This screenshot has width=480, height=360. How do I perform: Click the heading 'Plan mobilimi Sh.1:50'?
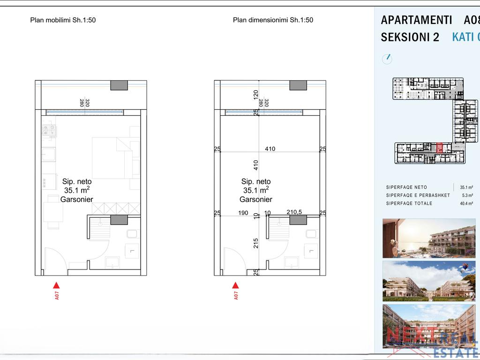(x=63, y=20)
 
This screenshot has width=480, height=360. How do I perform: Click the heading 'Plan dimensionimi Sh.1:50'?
(x=273, y=20)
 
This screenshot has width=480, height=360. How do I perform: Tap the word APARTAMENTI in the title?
(x=416, y=20)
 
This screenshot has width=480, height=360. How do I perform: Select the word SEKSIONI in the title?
(x=410, y=37)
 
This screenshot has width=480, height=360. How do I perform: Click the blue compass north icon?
(x=387, y=59)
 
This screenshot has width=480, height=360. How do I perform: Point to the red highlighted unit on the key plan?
(x=439, y=148)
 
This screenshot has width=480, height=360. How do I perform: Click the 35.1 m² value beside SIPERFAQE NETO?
(x=466, y=187)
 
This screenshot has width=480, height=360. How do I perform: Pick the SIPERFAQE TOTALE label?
(x=409, y=203)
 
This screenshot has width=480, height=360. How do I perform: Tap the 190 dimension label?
(x=243, y=213)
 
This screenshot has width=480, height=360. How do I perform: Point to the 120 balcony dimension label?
(x=256, y=94)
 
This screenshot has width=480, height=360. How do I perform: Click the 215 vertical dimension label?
(x=256, y=243)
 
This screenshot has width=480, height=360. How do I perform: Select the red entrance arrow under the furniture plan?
(x=56, y=285)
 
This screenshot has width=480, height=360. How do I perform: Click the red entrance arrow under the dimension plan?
(x=235, y=285)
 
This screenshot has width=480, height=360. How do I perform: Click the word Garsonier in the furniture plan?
(x=77, y=199)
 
